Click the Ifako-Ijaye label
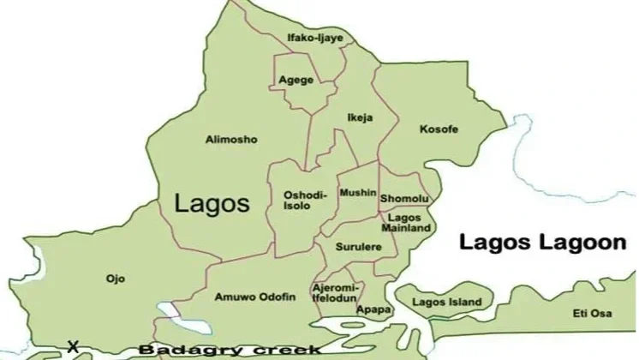tap(308, 38)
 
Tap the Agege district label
tap(296, 81)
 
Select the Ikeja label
tap(360, 117)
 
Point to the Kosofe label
tap(439, 129)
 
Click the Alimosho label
tap(231, 139)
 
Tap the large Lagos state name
tap(212, 203)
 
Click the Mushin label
tap(357, 194)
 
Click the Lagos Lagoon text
tap(543, 243)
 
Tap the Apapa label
tap(375, 309)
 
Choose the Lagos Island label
tap(446, 303)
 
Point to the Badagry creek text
tap(230, 350)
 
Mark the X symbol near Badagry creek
tap(73, 347)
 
